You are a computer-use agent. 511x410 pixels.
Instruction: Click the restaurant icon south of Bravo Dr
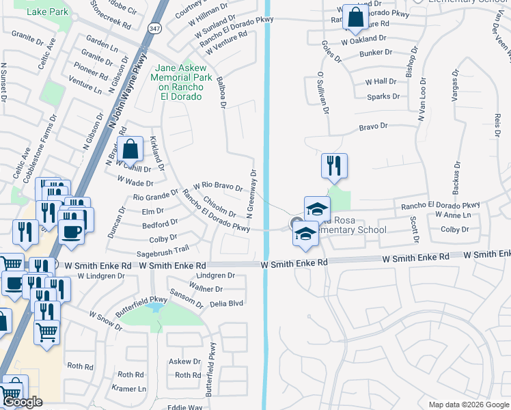[x=334, y=166]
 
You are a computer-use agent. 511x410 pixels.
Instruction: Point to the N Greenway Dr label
[x=251, y=194]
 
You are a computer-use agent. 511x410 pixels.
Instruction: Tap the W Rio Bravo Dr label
[x=218, y=186]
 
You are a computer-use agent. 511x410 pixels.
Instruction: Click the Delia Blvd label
[x=226, y=303]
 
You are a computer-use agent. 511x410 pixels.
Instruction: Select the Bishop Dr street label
[x=409, y=66]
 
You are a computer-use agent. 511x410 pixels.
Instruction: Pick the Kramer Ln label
[x=132, y=389]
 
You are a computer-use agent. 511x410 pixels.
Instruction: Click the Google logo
[x=23, y=402]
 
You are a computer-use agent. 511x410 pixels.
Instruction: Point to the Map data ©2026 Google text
[x=468, y=405]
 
